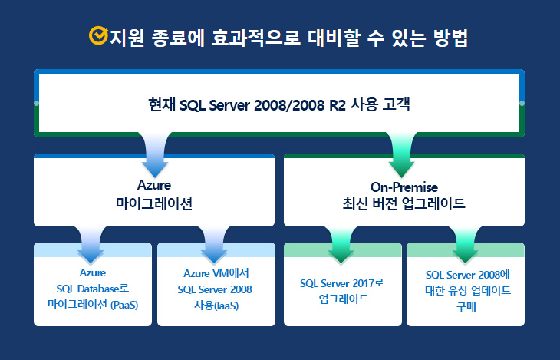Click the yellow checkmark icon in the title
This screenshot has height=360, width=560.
(98, 36)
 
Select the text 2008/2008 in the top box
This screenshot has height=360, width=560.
(289, 105)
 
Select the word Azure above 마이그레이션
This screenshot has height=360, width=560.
(154, 185)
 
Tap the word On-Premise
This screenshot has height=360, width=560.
(404, 187)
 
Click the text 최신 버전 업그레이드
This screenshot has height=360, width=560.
(404, 203)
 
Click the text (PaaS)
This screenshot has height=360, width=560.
(124, 305)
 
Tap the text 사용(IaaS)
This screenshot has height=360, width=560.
(216, 306)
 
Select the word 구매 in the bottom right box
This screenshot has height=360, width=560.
(466, 307)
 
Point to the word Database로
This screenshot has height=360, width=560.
(104, 289)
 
